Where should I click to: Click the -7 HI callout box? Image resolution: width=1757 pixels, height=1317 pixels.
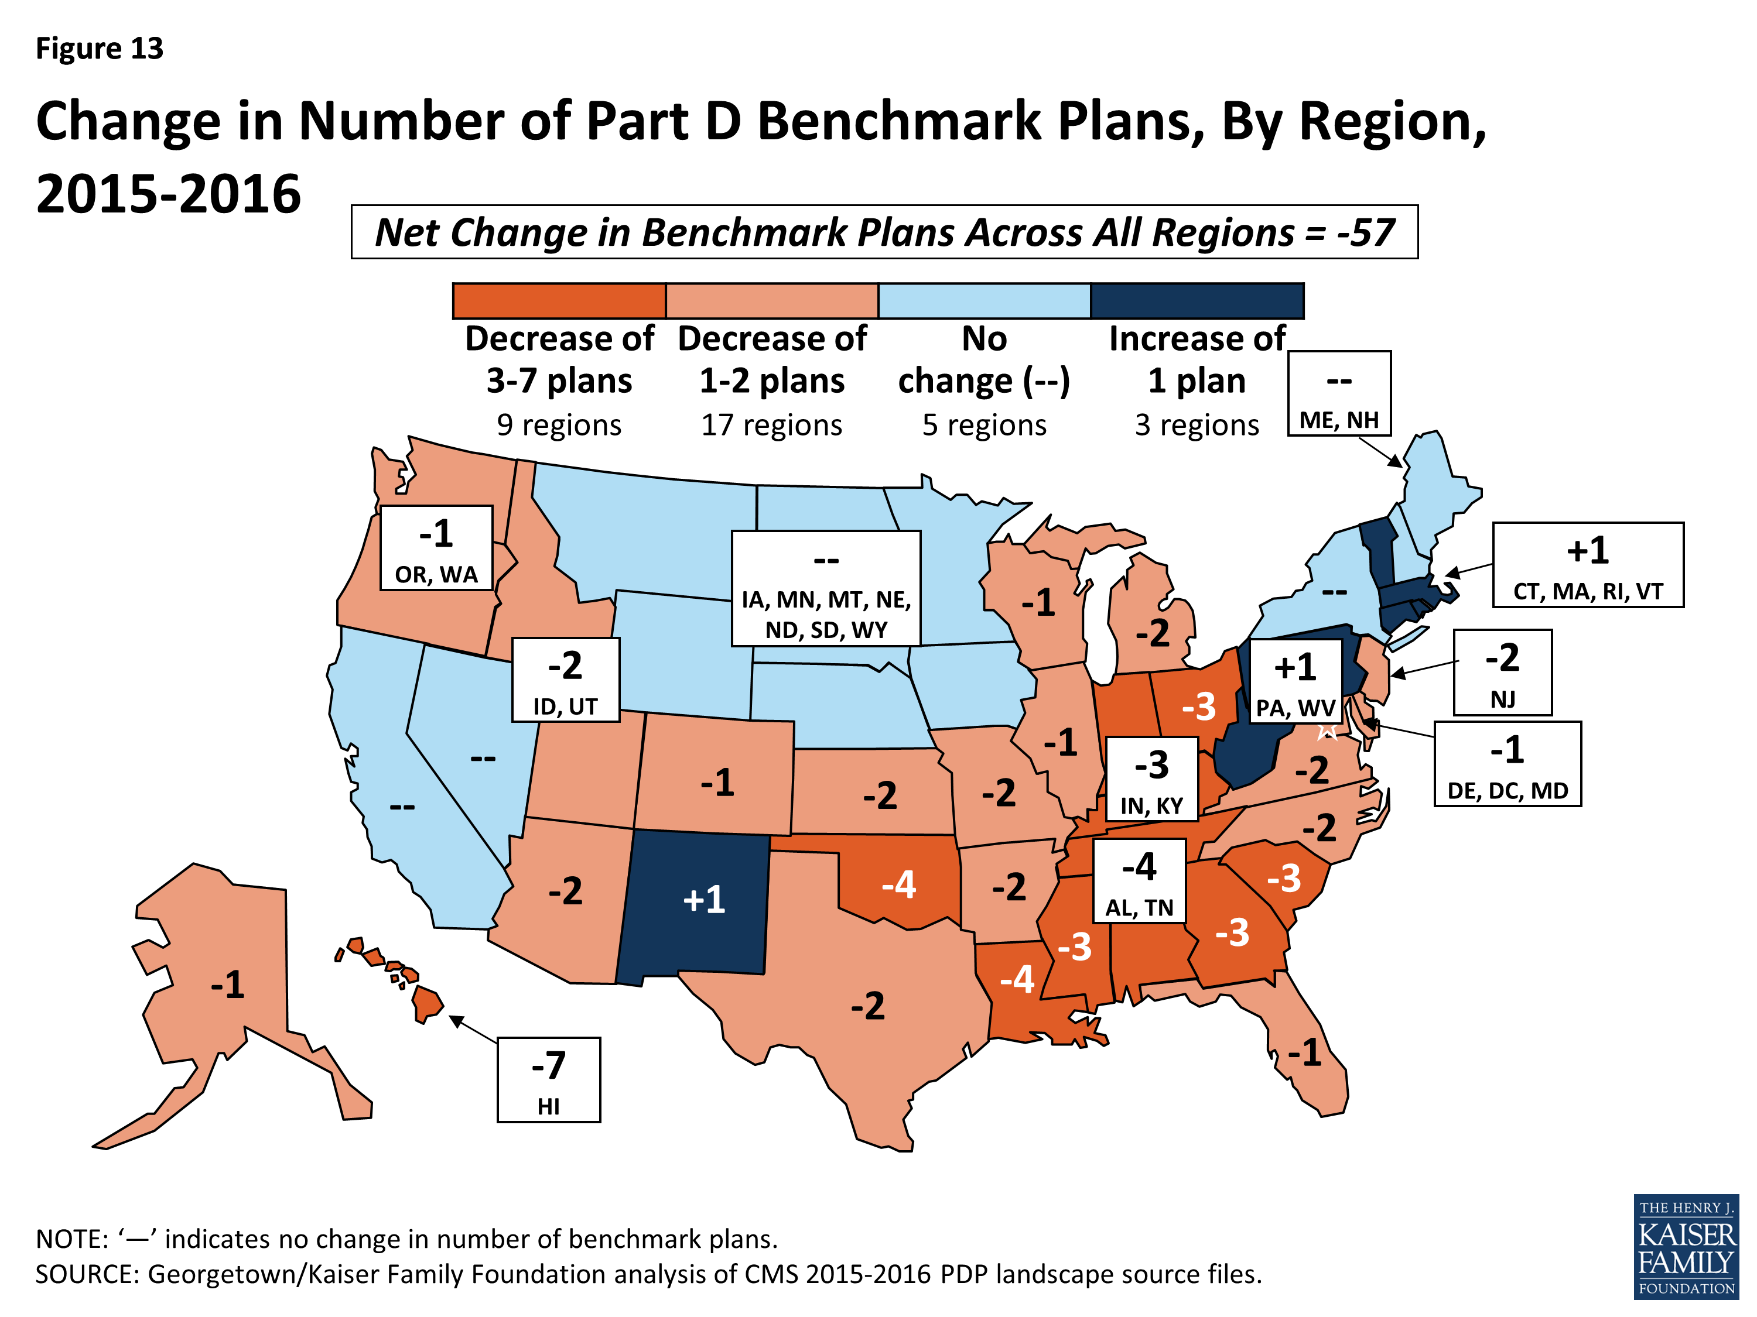(x=548, y=1079)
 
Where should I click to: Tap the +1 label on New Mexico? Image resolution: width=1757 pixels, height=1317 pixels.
(x=704, y=900)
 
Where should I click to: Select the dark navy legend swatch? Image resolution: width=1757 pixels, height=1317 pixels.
(x=1197, y=301)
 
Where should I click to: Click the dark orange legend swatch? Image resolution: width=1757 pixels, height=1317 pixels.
(x=559, y=301)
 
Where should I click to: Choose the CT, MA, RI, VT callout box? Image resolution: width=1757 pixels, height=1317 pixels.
(x=1587, y=564)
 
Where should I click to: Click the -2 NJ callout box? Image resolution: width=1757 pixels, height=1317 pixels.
(x=1502, y=671)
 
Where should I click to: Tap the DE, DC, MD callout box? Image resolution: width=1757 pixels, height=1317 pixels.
(x=1507, y=764)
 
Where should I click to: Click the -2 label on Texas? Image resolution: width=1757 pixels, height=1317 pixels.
(x=867, y=1006)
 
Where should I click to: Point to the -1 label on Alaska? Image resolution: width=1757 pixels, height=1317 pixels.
(x=227, y=985)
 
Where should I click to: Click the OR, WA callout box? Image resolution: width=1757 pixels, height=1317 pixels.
(x=436, y=548)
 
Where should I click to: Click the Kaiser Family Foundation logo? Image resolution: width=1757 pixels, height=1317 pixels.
(x=1686, y=1246)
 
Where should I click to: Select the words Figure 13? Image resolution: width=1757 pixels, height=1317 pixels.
(x=100, y=49)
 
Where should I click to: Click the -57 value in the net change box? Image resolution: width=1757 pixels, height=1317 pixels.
(x=1365, y=232)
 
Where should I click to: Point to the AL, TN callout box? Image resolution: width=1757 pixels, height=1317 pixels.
(x=1139, y=880)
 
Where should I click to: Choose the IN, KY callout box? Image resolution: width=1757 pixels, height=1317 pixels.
(x=1152, y=778)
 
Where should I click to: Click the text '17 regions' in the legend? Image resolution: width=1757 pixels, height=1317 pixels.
(x=771, y=426)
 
